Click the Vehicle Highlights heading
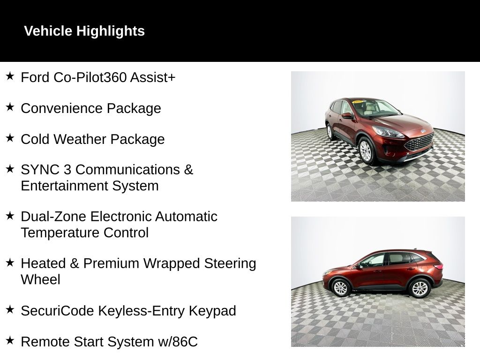click(x=84, y=31)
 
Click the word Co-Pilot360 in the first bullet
click(x=90, y=77)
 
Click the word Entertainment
click(x=64, y=186)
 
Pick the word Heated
click(x=43, y=263)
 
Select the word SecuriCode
click(x=57, y=311)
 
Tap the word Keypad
click(x=212, y=311)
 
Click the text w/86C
click(x=178, y=342)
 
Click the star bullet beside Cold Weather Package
click(x=10, y=138)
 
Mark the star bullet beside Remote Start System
click(x=10, y=340)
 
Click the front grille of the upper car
click(x=419, y=142)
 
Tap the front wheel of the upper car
click(x=366, y=151)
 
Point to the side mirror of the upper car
click(x=347, y=115)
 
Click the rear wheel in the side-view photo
click(x=420, y=288)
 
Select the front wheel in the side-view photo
click(x=340, y=288)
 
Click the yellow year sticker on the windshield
click(x=358, y=102)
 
